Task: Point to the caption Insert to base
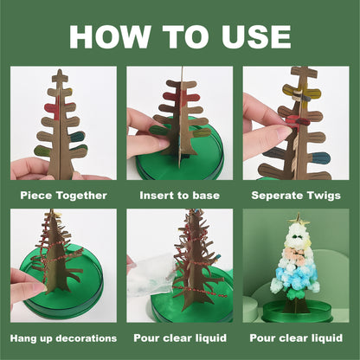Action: pos(179,196)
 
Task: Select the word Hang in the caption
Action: pos(24,337)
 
